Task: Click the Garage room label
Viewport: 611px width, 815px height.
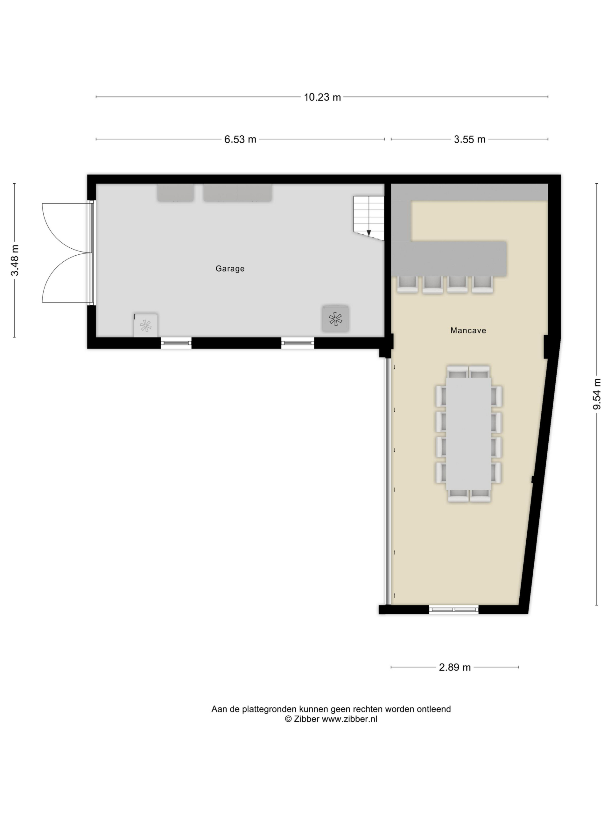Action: (230, 269)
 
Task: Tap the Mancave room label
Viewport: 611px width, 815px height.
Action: (468, 330)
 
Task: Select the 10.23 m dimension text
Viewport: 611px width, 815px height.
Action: (322, 97)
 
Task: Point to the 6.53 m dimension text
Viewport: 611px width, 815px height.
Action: (240, 139)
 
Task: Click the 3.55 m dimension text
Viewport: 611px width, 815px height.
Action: (470, 139)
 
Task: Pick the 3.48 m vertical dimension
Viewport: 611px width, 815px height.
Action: (15, 260)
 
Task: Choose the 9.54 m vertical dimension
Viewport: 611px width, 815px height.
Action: (597, 394)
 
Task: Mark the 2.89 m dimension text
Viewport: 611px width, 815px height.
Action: (455, 667)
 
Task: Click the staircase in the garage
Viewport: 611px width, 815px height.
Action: (368, 217)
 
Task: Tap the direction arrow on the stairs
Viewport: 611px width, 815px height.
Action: (369, 232)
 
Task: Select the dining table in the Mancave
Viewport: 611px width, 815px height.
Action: (468, 434)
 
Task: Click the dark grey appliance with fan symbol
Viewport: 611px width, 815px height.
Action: (335, 319)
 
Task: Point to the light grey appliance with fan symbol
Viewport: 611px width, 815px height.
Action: (145, 325)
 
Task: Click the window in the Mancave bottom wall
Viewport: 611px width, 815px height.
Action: (454, 610)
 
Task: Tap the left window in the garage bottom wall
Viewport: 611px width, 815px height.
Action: (176, 343)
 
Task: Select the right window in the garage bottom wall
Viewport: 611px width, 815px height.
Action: (298, 343)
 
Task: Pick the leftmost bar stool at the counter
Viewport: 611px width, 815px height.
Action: (407, 284)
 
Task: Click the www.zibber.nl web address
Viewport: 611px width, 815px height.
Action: (349, 719)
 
